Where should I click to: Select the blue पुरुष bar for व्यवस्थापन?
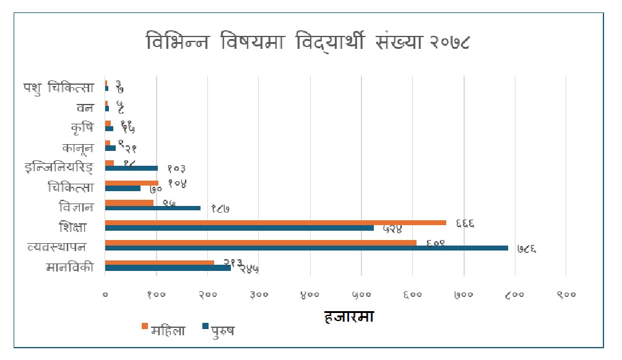(x=306, y=248)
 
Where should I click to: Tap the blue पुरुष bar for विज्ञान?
(x=153, y=208)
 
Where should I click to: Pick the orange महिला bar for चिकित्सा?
(x=132, y=183)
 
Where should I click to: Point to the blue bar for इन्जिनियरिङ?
(x=131, y=168)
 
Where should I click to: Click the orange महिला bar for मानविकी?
(x=160, y=263)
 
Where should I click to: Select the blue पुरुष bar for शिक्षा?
(x=240, y=228)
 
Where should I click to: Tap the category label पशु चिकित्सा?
(x=59, y=87)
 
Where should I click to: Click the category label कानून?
(x=78, y=148)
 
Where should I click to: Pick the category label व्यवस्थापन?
(x=57, y=247)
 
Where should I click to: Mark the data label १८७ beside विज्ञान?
(x=220, y=209)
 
